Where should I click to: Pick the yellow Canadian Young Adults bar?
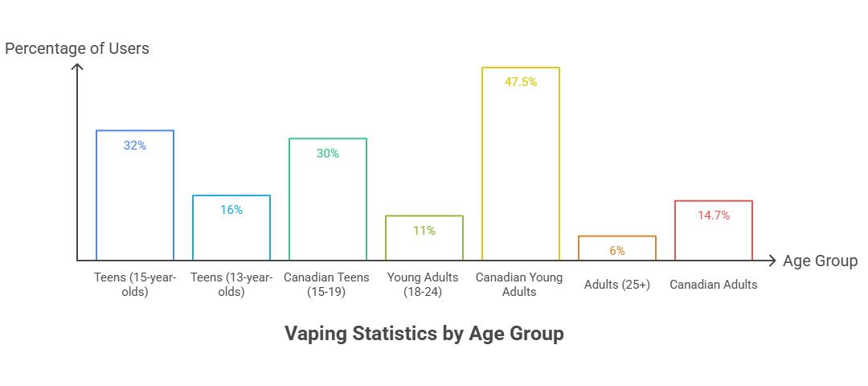521,169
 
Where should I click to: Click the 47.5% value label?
521,82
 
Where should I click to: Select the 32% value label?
135,146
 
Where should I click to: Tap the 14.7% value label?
714,216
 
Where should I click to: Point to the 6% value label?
617,251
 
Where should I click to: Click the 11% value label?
424,231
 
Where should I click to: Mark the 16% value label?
231,210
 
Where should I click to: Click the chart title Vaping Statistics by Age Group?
424,334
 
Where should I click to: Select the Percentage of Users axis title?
77,49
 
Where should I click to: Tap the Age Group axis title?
820,261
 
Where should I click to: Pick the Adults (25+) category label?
617,284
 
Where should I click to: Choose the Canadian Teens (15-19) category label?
327,284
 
